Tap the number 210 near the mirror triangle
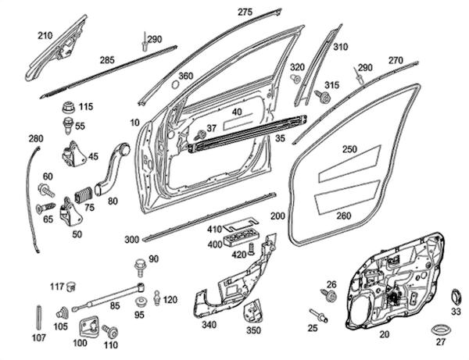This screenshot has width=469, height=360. pyautogui.click(x=44, y=35)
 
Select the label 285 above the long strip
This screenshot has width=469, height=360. pyautogui.click(x=107, y=59)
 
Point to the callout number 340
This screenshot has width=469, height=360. pyautogui.click(x=208, y=325)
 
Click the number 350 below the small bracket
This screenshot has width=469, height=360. pyautogui.click(x=253, y=330)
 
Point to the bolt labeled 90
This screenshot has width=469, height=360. pyautogui.click(x=141, y=265)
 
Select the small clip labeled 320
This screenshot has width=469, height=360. pyautogui.click(x=296, y=80)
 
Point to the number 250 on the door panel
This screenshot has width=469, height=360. pyautogui.click(x=349, y=148)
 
